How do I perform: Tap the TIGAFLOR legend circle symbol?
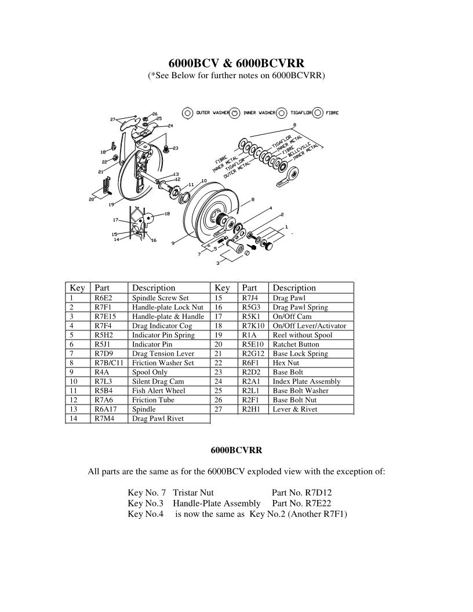click(x=281, y=113)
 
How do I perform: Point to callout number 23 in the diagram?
click(x=176, y=148)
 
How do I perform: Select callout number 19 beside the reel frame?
click(x=110, y=204)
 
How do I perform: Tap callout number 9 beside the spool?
click(x=173, y=244)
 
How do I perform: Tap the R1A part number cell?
click(x=249, y=335)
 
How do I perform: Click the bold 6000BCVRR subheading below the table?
click(x=236, y=449)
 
